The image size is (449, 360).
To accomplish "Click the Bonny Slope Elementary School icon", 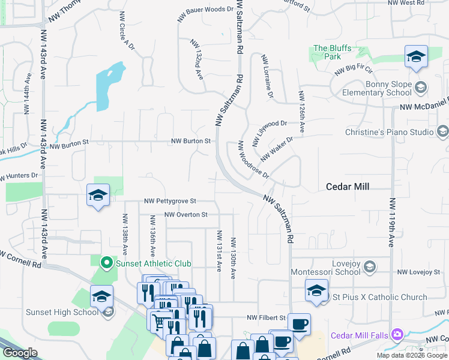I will click(420, 88).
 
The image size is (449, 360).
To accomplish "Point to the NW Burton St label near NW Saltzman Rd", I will click(190, 141).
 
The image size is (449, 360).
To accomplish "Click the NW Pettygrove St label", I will click(170, 202).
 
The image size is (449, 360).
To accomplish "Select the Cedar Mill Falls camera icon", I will click(396, 334).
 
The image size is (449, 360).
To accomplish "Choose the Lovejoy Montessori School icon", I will click(370, 266).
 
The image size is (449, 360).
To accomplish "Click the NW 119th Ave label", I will click(391, 223).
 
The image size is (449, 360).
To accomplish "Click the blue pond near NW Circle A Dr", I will click(107, 85).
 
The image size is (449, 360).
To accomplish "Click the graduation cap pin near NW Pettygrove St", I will click(98, 195).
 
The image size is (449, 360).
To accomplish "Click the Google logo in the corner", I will click(19, 353).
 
